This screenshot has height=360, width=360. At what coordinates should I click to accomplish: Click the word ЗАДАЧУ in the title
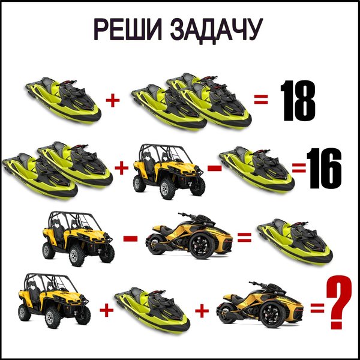(216, 31)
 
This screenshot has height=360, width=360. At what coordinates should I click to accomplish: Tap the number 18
(298, 101)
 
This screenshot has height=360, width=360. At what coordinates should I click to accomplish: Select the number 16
(324, 168)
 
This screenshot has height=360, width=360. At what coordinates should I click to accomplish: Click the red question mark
(338, 302)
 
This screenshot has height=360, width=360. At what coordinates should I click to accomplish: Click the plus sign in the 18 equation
(113, 100)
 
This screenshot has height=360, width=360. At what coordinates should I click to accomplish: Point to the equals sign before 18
(261, 99)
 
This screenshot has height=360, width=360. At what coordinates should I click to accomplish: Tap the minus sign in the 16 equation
(214, 168)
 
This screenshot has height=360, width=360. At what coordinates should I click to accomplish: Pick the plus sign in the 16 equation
(121, 168)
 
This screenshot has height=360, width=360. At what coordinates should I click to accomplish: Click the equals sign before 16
(299, 167)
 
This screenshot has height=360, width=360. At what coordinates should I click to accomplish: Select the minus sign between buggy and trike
(130, 239)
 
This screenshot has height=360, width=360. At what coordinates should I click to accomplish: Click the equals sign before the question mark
(317, 308)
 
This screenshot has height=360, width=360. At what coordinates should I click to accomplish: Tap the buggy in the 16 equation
(169, 172)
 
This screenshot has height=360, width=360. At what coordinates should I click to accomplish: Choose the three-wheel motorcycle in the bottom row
(260, 304)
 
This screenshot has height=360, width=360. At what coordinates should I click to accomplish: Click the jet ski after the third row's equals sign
(295, 242)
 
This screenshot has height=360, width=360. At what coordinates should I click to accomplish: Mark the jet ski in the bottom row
(152, 311)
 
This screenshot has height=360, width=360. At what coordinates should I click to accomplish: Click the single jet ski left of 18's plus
(64, 101)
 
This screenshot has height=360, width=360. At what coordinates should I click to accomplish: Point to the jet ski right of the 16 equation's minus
(257, 170)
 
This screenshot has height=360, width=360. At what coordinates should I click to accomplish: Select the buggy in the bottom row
(54, 301)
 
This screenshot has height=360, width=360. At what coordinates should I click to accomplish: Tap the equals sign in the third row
(244, 238)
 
